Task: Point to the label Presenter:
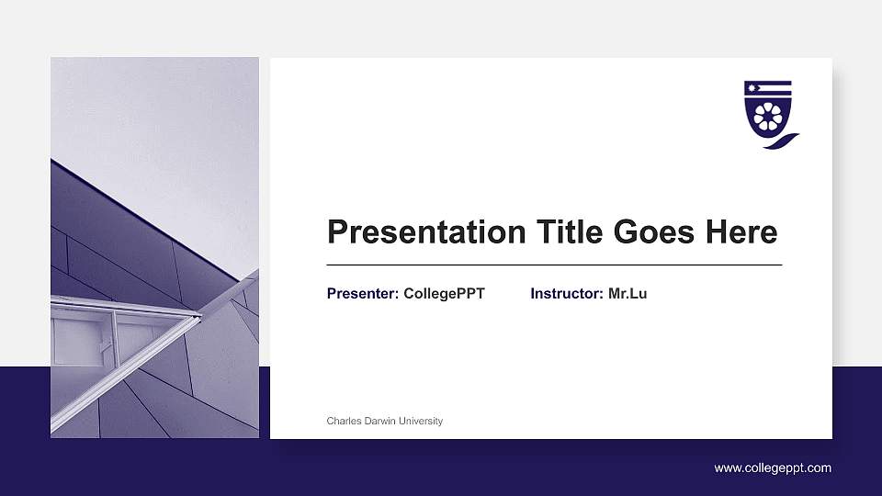[x=363, y=294]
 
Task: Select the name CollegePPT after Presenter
[x=444, y=294]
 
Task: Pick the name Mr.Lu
[x=628, y=294]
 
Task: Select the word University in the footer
[x=421, y=421]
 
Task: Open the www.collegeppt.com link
[x=773, y=468]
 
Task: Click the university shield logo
[x=767, y=110]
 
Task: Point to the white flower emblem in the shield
[x=767, y=117]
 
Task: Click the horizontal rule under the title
[x=554, y=265]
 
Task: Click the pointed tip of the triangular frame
[x=198, y=317]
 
